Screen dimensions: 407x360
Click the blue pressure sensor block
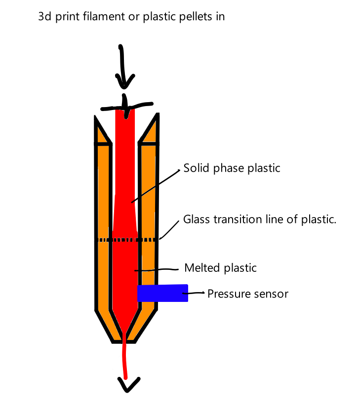162,293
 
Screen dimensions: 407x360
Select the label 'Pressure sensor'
247,294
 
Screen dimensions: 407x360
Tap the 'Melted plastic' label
220,268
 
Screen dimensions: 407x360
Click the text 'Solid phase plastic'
232,168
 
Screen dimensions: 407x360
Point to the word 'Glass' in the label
196,219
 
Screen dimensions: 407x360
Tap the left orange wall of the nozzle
104,222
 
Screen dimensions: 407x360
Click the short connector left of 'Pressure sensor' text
196,294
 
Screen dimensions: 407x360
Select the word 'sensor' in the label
272,294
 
